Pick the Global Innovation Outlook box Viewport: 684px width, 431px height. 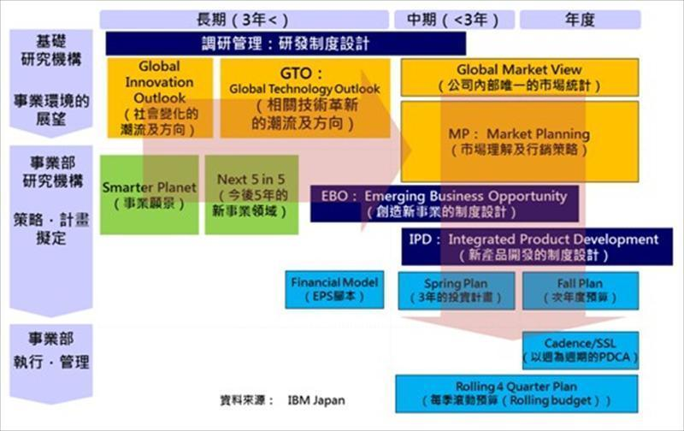tap(160, 97)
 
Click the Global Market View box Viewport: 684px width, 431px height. tap(519, 77)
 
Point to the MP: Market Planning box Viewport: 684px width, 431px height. tap(519, 141)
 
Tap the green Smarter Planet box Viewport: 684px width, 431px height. tap(149, 194)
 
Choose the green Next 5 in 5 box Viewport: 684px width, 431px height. tap(251, 194)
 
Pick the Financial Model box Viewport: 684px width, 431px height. tap(333, 289)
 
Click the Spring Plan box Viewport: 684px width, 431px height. tap(453, 289)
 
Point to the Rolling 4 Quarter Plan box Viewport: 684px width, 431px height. tap(516, 393)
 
